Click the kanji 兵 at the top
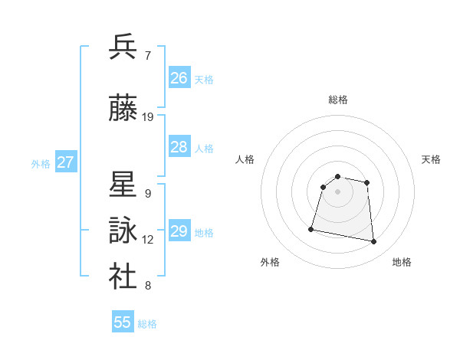(x=123, y=47)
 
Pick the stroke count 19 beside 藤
(x=148, y=117)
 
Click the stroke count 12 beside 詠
(x=148, y=240)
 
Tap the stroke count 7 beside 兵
(x=147, y=55)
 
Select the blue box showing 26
(x=179, y=78)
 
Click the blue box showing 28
(x=179, y=147)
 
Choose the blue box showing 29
(x=179, y=231)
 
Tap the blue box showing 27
(x=66, y=162)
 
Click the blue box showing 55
(x=123, y=322)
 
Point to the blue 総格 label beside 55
(x=148, y=324)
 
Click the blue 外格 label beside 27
(x=41, y=163)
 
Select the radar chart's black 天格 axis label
(x=432, y=159)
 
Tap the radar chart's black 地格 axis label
(x=402, y=262)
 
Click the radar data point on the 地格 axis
(x=373, y=242)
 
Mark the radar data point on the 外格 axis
(x=311, y=228)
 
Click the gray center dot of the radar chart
(x=338, y=191)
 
